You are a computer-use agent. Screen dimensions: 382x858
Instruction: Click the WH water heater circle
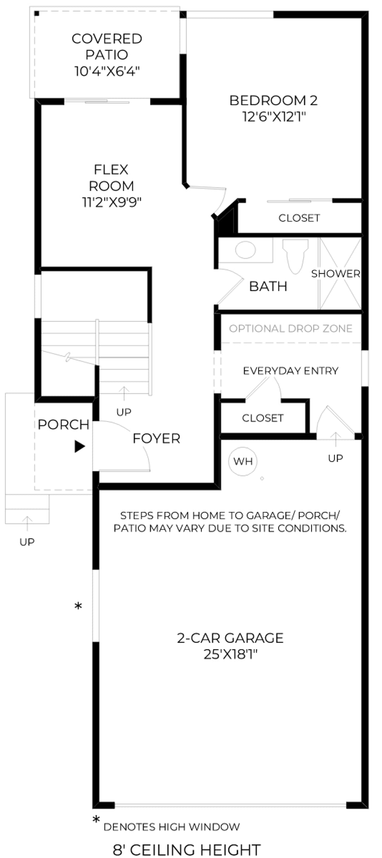pyautogui.click(x=243, y=461)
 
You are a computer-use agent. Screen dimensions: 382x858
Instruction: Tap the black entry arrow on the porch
pyautogui.click(x=79, y=446)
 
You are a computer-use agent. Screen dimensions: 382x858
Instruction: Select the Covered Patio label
pyautogui.click(x=107, y=55)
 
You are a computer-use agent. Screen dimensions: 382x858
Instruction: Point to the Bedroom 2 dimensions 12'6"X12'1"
pyautogui.click(x=274, y=116)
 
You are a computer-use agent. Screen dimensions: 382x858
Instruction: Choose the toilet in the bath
pyautogui.click(x=295, y=256)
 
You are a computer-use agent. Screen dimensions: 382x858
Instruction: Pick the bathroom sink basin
pyautogui.click(x=245, y=250)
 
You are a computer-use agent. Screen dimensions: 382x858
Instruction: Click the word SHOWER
pyautogui.click(x=335, y=273)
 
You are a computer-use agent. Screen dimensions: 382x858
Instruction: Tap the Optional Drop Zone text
pyautogui.click(x=290, y=328)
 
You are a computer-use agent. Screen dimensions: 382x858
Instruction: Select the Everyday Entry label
pyautogui.click(x=290, y=371)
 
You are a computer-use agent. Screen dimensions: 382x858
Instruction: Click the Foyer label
pyautogui.click(x=156, y=439)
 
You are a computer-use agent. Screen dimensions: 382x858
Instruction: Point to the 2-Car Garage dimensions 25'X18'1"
pyautogui.click(x=230, y=654)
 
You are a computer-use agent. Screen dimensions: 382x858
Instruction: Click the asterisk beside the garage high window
pyautogui.click(x=78, y=606)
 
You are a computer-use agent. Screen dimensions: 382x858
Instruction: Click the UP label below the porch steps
pyautogui.click(x=27, y=542)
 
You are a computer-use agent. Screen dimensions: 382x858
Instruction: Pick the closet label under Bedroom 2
pyautogui.click(x=299, y=218)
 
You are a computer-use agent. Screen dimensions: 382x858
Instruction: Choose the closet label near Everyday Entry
pyautogui.click(x=263, y=418)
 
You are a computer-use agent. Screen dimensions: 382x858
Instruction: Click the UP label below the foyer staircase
pyautogui.click(x=124, y=412)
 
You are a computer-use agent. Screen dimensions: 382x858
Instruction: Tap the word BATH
pyautogui.click(x=268, y=286)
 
